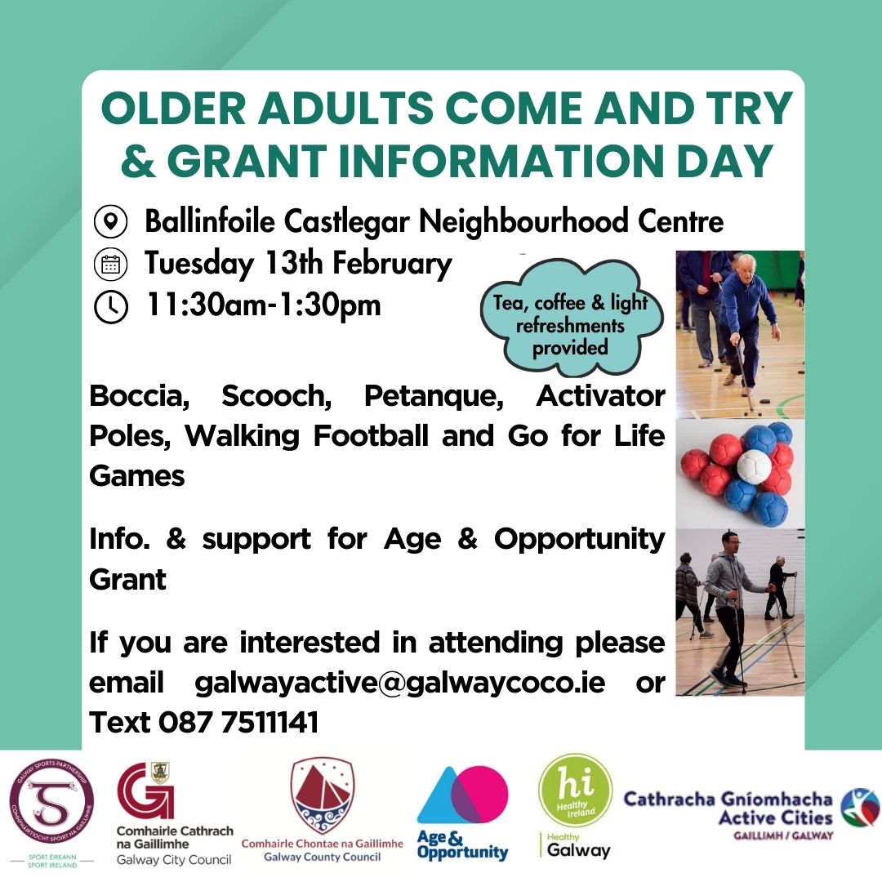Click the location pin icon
pyautogui.click(x=111, y=221)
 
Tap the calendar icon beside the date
pyautogui.click(x=111, y=264)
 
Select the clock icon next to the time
pyautogui.click(x=111, y=306)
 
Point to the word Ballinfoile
pyautogui.click(x=211, y=221)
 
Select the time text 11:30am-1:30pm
pyautogui.click(x=263, y=305)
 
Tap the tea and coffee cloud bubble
pyautogui.click(x=570, y=318)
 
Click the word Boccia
pyautogui.click(x=138, y=396)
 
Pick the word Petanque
pyautogui.click(x=434, y=397)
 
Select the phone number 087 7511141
pyautogui.click(x=238, y=722)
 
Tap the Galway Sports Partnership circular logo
pyautogui.click(x=51, y=804)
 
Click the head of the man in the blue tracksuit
pyautogui.click(x=746, y=265)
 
